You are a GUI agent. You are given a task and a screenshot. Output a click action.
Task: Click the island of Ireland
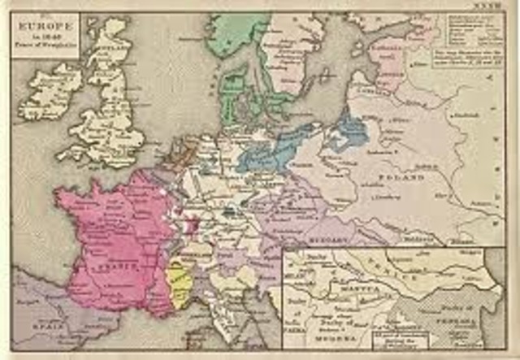point(55,89)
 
